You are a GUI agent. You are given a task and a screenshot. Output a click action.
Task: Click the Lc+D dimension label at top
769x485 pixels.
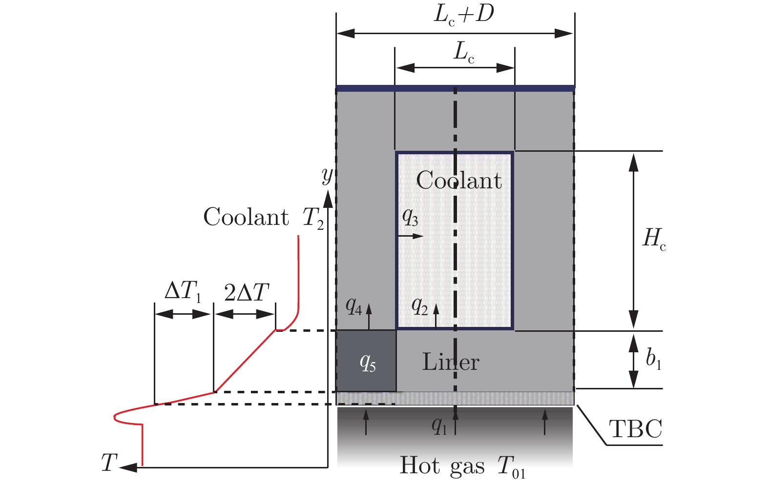[463, 15]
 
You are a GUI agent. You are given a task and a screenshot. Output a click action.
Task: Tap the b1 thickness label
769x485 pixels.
[653, 360]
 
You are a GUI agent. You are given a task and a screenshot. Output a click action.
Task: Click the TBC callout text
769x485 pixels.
[635, 430]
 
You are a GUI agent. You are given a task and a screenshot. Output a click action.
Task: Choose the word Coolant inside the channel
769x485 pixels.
[458, 181]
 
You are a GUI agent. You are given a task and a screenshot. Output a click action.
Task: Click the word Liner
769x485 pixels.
[450, 362]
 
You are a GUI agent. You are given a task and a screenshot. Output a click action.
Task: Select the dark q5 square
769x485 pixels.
[366, 361]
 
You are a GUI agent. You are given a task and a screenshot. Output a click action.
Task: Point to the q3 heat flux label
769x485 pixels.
[410, 217]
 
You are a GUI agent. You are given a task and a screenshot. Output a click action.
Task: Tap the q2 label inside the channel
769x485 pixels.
[419, 306]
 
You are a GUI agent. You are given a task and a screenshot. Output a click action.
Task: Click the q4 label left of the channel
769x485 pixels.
[353, 306]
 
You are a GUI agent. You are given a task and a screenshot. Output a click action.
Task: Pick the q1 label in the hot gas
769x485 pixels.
[439, 426]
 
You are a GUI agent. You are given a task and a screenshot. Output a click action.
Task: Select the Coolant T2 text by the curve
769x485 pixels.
[263, 218]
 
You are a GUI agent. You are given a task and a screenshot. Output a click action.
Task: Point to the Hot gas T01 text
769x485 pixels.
[462, 466]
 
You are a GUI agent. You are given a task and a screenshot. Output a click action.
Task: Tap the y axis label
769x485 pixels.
[327, 174]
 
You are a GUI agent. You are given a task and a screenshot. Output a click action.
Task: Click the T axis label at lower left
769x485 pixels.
[109, 463]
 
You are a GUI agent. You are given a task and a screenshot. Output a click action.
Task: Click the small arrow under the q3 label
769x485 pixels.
[411, 236]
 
